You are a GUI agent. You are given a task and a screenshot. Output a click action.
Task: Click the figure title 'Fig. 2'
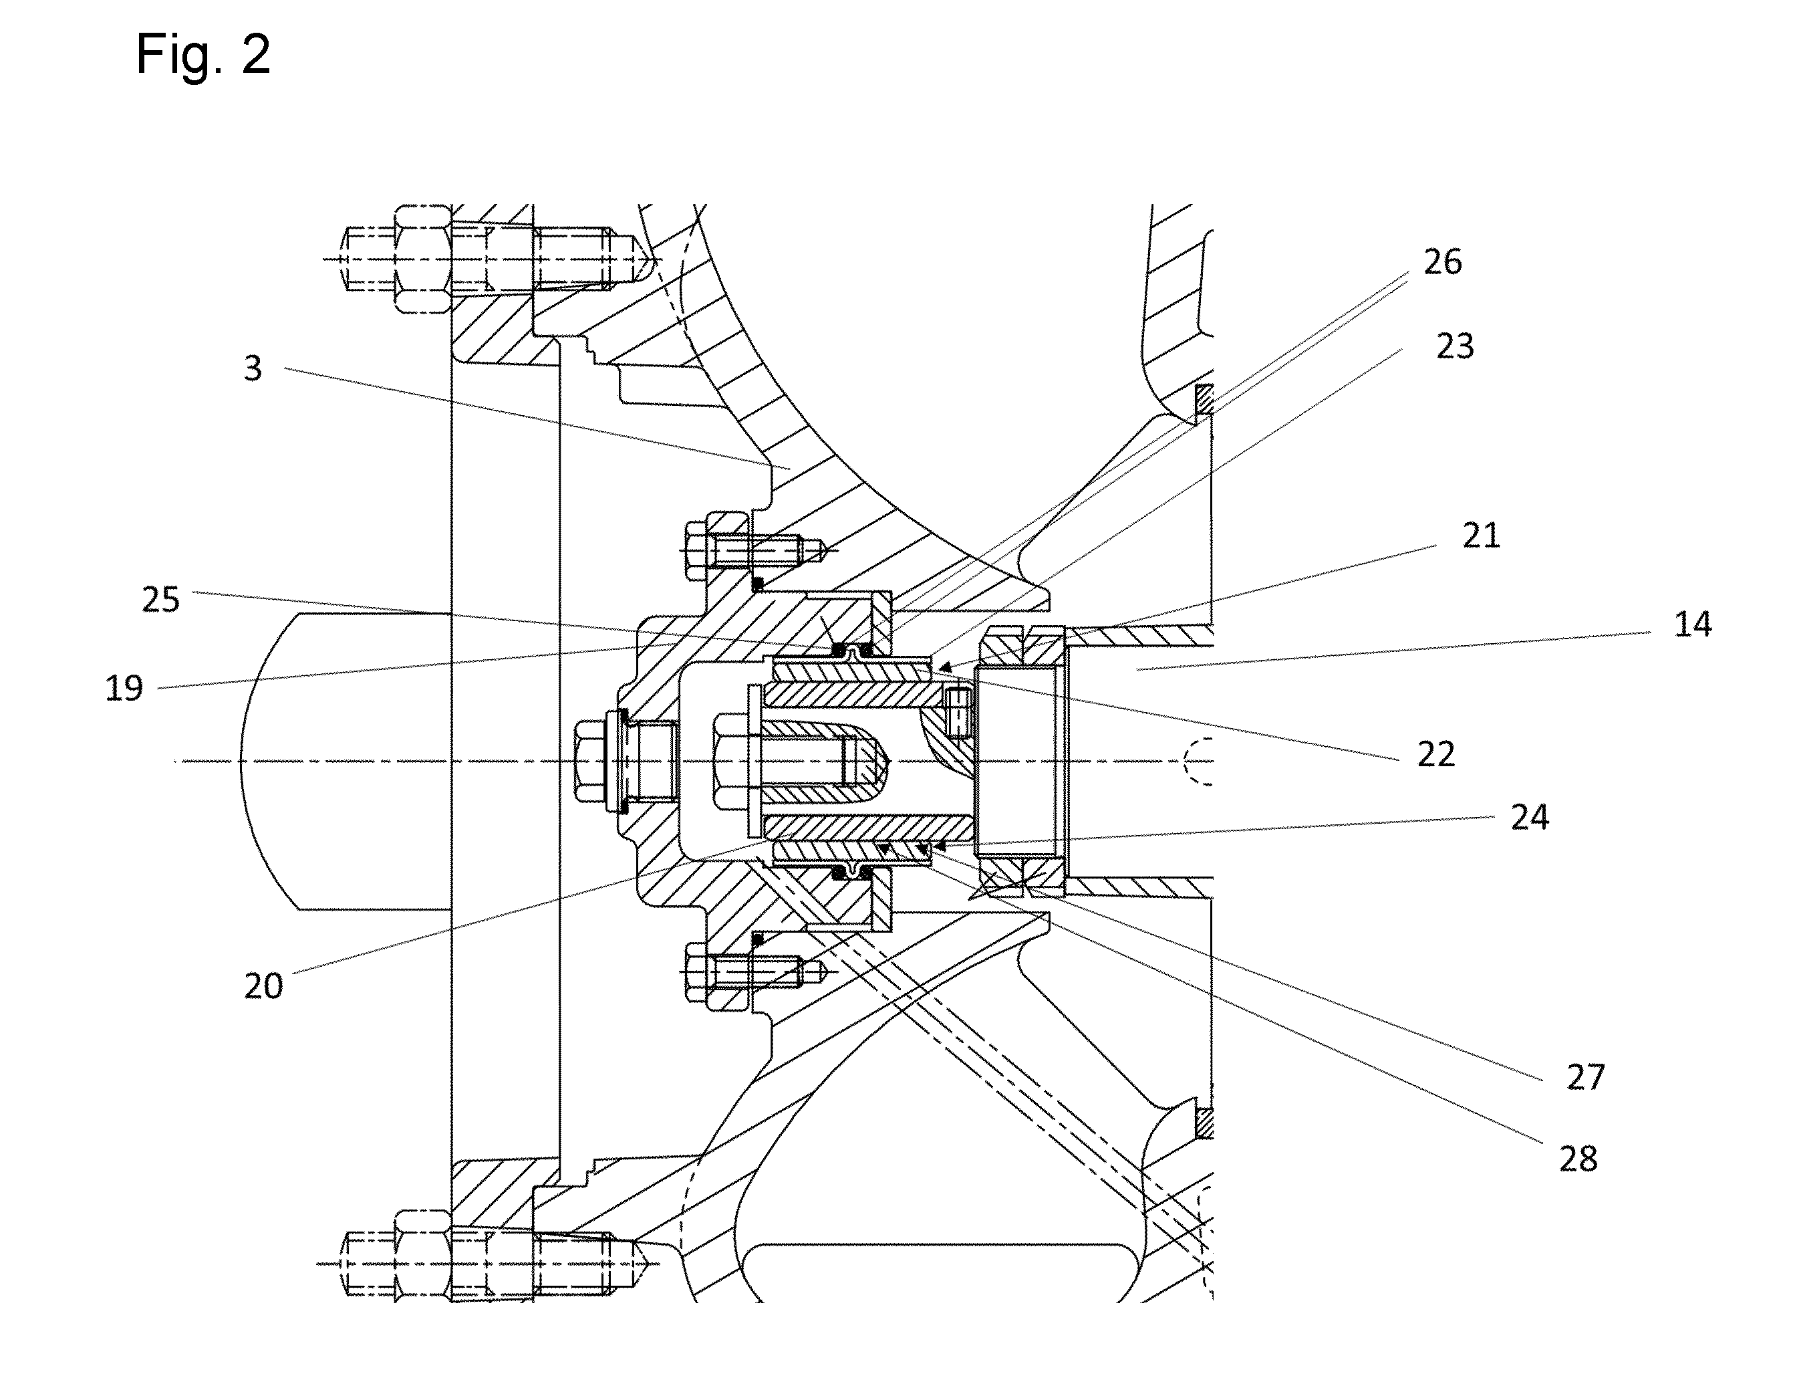pyautogui.click(x=203, y=55)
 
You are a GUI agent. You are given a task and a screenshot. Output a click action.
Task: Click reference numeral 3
pyautogui.click(x=253, y=368)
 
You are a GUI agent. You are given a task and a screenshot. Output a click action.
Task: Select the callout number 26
pyautogui.click(x=1442, y=261)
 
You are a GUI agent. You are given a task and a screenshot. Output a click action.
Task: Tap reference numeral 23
pyautogui.click(x=1455, y=346)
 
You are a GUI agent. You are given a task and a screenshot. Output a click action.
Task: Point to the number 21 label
pyautogui.click(x=1481, y=536)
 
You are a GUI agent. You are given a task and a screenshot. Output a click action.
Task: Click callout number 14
pyautogui.click(x=1693, y=624)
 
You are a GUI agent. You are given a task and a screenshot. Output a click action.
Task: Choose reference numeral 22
pyautogui.click(x=1435, y=754)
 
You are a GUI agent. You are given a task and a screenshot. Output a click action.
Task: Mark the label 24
pyautogui.click(x=1530, y=817)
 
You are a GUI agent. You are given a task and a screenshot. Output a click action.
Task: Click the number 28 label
pyautogui.click(x=1578, y=1159)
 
